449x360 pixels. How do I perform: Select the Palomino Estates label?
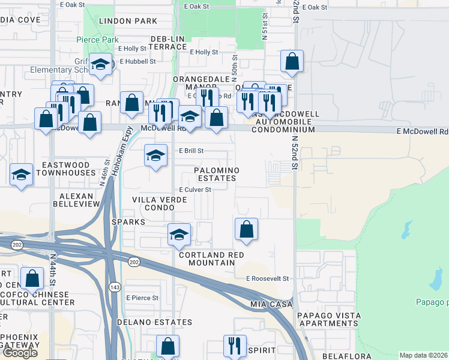217,174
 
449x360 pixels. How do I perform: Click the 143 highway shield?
114,288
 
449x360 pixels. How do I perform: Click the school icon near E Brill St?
156,156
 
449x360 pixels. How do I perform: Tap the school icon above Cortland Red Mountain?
179,234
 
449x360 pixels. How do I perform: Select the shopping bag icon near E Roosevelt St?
246,229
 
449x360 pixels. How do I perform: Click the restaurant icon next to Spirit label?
234,345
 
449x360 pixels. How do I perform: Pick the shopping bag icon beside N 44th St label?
32,277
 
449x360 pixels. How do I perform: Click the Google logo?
20,353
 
